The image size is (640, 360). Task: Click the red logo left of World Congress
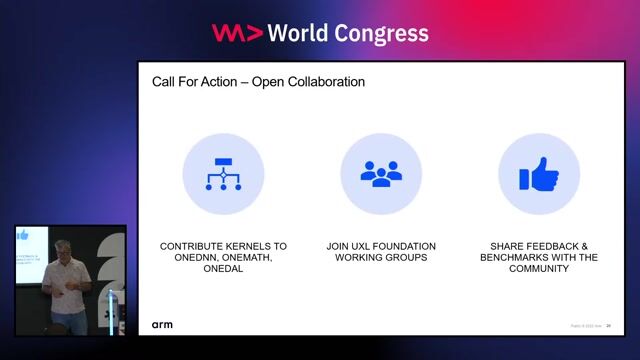click(x=237, y=33)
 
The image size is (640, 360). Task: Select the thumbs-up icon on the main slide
click(x=538, y=175)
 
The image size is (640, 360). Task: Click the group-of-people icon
click(x=380, y=175)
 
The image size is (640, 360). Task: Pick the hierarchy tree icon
click(x=223, y=175)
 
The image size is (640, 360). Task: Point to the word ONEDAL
click(x=223, y=269)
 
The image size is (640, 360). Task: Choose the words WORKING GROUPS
click(x=381, y=257)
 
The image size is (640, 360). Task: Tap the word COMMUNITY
click(x=538, y=269)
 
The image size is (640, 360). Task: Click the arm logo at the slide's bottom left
click(x=162, y=325)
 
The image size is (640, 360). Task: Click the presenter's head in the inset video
click(x=66, y=251)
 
